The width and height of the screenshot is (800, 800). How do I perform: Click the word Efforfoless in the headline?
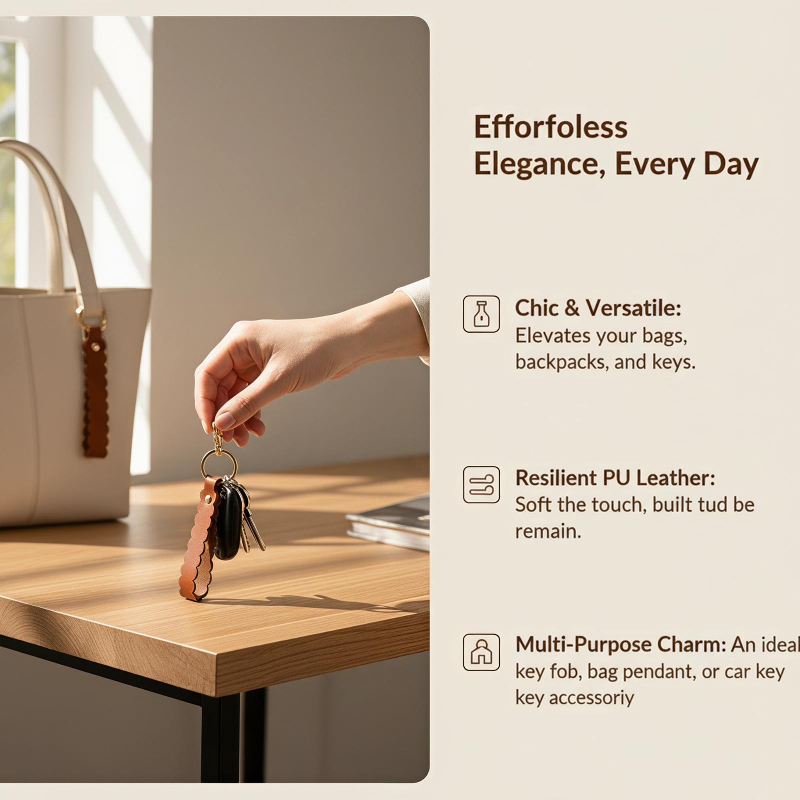(550, 127)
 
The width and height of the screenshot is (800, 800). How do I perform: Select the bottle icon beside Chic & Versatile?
(481, 314)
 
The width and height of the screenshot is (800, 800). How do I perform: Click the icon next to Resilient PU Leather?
(481, 484)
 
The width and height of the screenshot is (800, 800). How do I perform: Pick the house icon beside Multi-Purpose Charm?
(481, 652)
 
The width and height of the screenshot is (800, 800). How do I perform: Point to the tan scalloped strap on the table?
(198, 540)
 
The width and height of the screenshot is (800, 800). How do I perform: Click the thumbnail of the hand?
(225, 420)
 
